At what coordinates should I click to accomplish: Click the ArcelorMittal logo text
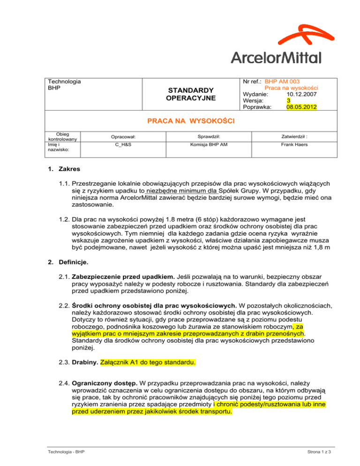point(276,57)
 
